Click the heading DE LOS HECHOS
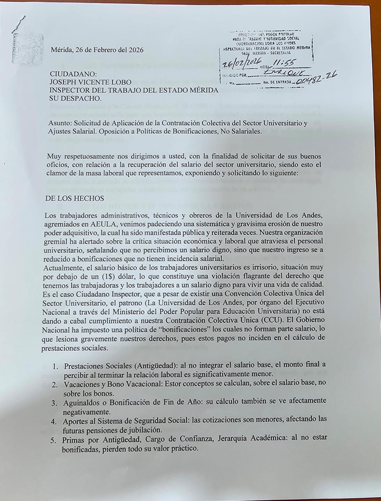pyautogui.click(x=75, y=198)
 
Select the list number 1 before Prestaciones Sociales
pyautogui.click(x=56, y=366)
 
